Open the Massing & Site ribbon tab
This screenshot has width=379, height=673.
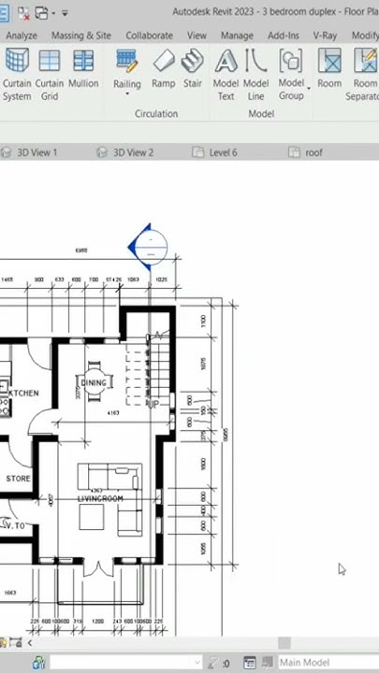80,36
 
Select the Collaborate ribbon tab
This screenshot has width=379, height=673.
149,36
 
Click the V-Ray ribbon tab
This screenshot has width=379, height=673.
324,36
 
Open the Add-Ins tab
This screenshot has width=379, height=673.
284,36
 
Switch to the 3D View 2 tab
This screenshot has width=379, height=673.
133,152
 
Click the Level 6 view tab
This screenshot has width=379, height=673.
223,152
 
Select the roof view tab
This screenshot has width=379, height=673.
313,152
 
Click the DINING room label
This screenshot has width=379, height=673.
95,383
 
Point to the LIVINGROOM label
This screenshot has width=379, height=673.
100,499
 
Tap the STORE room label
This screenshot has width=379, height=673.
19,479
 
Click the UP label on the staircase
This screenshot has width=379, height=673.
152,404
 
